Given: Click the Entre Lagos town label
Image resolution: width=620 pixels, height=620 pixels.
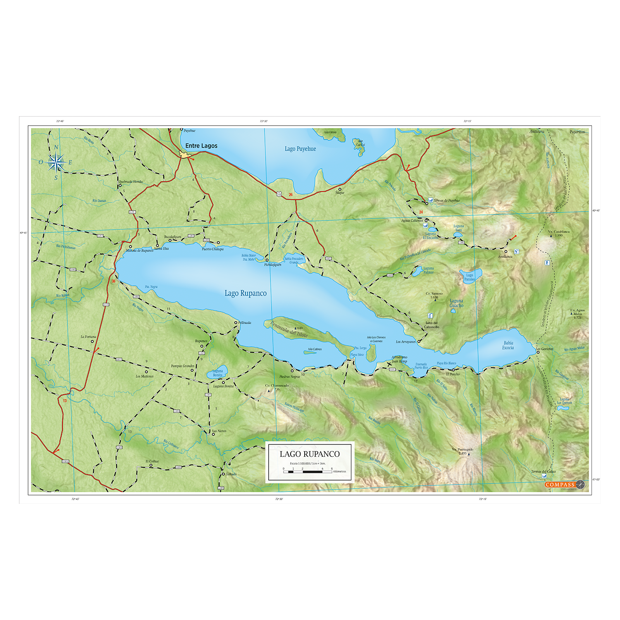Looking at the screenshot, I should pyautogui.click(x=201, y=146).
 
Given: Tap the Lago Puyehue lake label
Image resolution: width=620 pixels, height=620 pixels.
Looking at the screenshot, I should pyautogui.click(x=300, y=149).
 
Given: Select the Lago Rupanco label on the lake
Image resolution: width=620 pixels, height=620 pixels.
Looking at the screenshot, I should pyautogui.click(x=246, y=293).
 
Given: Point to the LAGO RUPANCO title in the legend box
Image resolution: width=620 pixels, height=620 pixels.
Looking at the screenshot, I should pyautogui.click(x=310, y=454).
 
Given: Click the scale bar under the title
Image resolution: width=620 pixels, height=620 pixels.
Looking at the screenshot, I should pyautogui.click(x=308, y=472).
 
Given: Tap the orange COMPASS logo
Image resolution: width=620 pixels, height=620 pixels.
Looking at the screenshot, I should pyautogui.click(x=560, y=485).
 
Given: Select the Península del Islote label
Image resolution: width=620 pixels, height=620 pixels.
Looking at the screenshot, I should pyautogui.click(x=289, y=329).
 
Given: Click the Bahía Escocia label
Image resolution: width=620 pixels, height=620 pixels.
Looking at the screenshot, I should pyautogui.click(x=508, y=345).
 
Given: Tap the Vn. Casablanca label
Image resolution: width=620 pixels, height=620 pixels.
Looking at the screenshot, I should pyautogui.click(x=558, y=232).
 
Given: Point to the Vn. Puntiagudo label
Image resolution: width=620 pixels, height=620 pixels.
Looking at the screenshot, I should pyautogui.click(x=462, y=450).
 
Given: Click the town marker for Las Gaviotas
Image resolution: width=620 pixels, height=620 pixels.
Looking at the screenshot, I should pyautogui.click(x=538, y=352).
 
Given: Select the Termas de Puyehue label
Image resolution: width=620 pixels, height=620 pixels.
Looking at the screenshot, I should pyautogui.click(x=446, y=200).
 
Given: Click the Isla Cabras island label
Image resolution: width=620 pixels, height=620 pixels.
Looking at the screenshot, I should pyautogui.click(x=315, y=349).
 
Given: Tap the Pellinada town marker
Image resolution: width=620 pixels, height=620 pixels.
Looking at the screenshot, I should pyautogui.click(x=236, y=323).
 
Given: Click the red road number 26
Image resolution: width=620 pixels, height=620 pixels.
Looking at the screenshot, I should pyautogui.click(x=291, y=195).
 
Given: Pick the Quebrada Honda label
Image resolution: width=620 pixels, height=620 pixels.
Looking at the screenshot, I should pyautogui.click(x=131, y=181).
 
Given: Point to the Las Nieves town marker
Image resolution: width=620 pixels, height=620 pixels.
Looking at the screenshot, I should pyautogui.click(x=213, y=434).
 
